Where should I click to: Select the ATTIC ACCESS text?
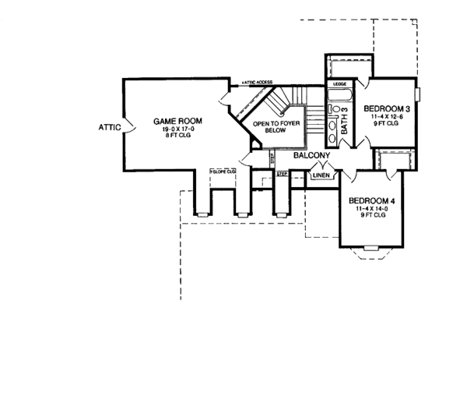point(256,81)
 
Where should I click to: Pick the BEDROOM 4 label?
point(372,200)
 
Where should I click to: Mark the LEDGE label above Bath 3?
point(339,83)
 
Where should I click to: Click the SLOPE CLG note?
point(223,171)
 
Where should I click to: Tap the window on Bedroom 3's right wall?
point(419,94)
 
